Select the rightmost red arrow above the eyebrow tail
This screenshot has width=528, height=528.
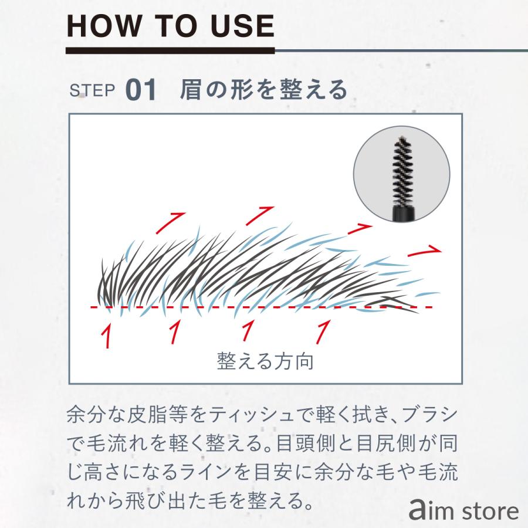click(x=427, y=249)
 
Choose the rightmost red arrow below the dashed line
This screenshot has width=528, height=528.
click(x=323, y=331)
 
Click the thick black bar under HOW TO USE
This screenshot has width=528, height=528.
click(x=170, y=51)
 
